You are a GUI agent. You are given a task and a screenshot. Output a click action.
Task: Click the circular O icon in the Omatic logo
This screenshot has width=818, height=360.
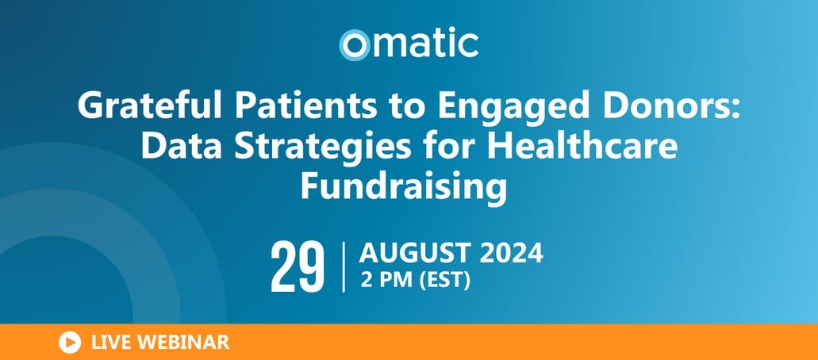pyautogui.click(x=354, y=45)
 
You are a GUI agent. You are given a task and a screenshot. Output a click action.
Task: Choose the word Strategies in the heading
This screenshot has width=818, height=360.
pyautogui.click(x=321, y=148)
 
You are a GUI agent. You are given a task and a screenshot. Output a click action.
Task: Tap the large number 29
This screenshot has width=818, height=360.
pyautogui.click(x=298, y=268)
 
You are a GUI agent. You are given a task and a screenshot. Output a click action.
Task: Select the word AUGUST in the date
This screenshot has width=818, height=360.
pyautogui.click(x=415, y=254)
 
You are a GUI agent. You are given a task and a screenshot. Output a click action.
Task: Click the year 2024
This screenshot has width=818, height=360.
pyautogui.click(x=511, y=254)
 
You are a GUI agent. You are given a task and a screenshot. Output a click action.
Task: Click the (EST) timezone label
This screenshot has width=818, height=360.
pyautogui.click(x=444, y=281)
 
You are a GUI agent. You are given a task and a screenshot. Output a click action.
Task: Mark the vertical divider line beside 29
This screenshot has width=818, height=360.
pyautogui.click(x=344, y=267)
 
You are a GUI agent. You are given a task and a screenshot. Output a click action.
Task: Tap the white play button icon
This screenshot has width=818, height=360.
pyautogui.click(x=70, y=343)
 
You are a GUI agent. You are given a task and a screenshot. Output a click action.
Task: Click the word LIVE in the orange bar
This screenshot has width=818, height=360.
pyautogui.click(x=109, y=343)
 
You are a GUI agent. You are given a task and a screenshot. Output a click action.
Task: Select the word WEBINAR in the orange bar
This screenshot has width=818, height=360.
pyautogui.click(x=181, y=343)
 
